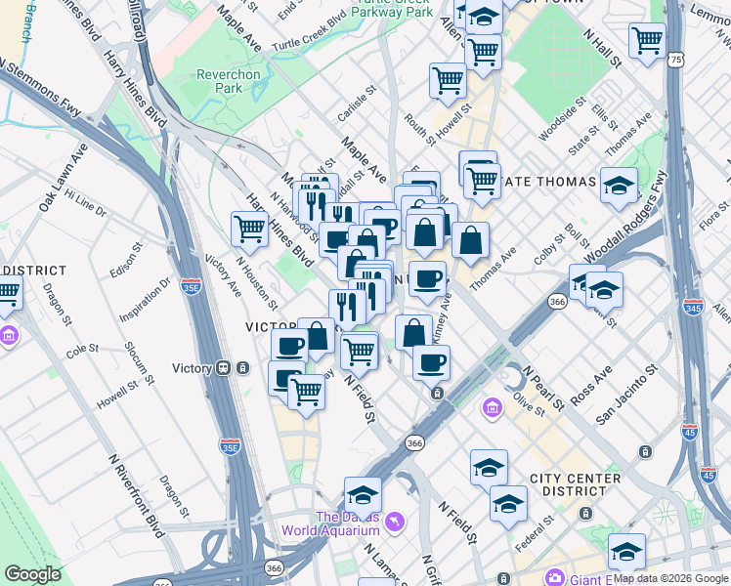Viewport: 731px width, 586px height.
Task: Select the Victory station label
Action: pos(192,368)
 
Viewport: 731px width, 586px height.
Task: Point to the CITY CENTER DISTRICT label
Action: pos(575,485)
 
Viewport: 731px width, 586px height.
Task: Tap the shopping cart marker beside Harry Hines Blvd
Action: pos(250,230)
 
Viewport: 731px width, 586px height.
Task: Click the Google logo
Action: pos(33,574)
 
